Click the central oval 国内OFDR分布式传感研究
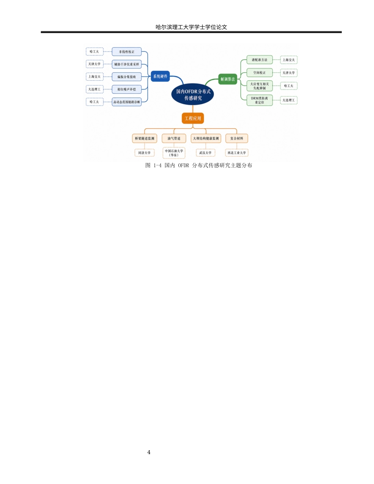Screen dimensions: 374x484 click(193, 94)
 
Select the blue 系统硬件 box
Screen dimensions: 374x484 click(160, 76)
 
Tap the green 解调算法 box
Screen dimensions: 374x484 click(228, 79)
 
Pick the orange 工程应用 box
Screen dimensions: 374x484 click(193, 118)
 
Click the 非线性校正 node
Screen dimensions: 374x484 click(126, 52)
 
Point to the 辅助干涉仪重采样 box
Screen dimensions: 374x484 click(126, 64)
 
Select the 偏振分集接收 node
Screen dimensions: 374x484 click(126, 77)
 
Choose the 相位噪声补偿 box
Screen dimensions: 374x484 click(126, 89)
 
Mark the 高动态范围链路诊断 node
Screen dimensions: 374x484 click(126, 102)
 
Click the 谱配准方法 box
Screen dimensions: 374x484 click(259, 60)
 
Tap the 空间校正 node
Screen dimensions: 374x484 click(259, 73)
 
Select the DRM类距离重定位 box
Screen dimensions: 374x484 click(259, 100)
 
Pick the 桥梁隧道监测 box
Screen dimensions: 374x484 click(144, 139)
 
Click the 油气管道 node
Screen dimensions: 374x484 click(174, 139)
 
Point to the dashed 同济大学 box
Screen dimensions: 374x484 click(144, 153)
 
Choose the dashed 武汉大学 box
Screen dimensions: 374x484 click(206, 153)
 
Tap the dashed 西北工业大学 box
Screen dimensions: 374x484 click(237, 153)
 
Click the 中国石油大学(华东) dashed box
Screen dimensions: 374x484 click(174, 153)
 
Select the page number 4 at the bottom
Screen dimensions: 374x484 click(149, 452)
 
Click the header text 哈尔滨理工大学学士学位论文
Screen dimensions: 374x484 click(191, 27)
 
